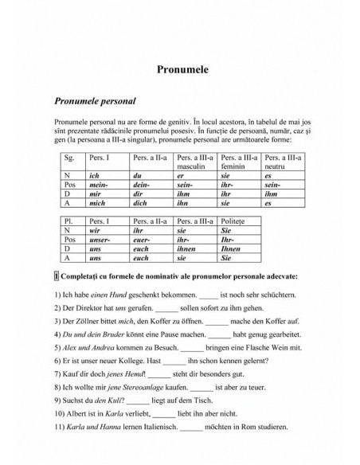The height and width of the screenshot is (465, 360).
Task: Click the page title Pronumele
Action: (x=179, y=69)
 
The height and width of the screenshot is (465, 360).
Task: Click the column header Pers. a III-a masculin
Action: (x=195, y=162)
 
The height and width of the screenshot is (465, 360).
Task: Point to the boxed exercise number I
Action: (x=56, y=275)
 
